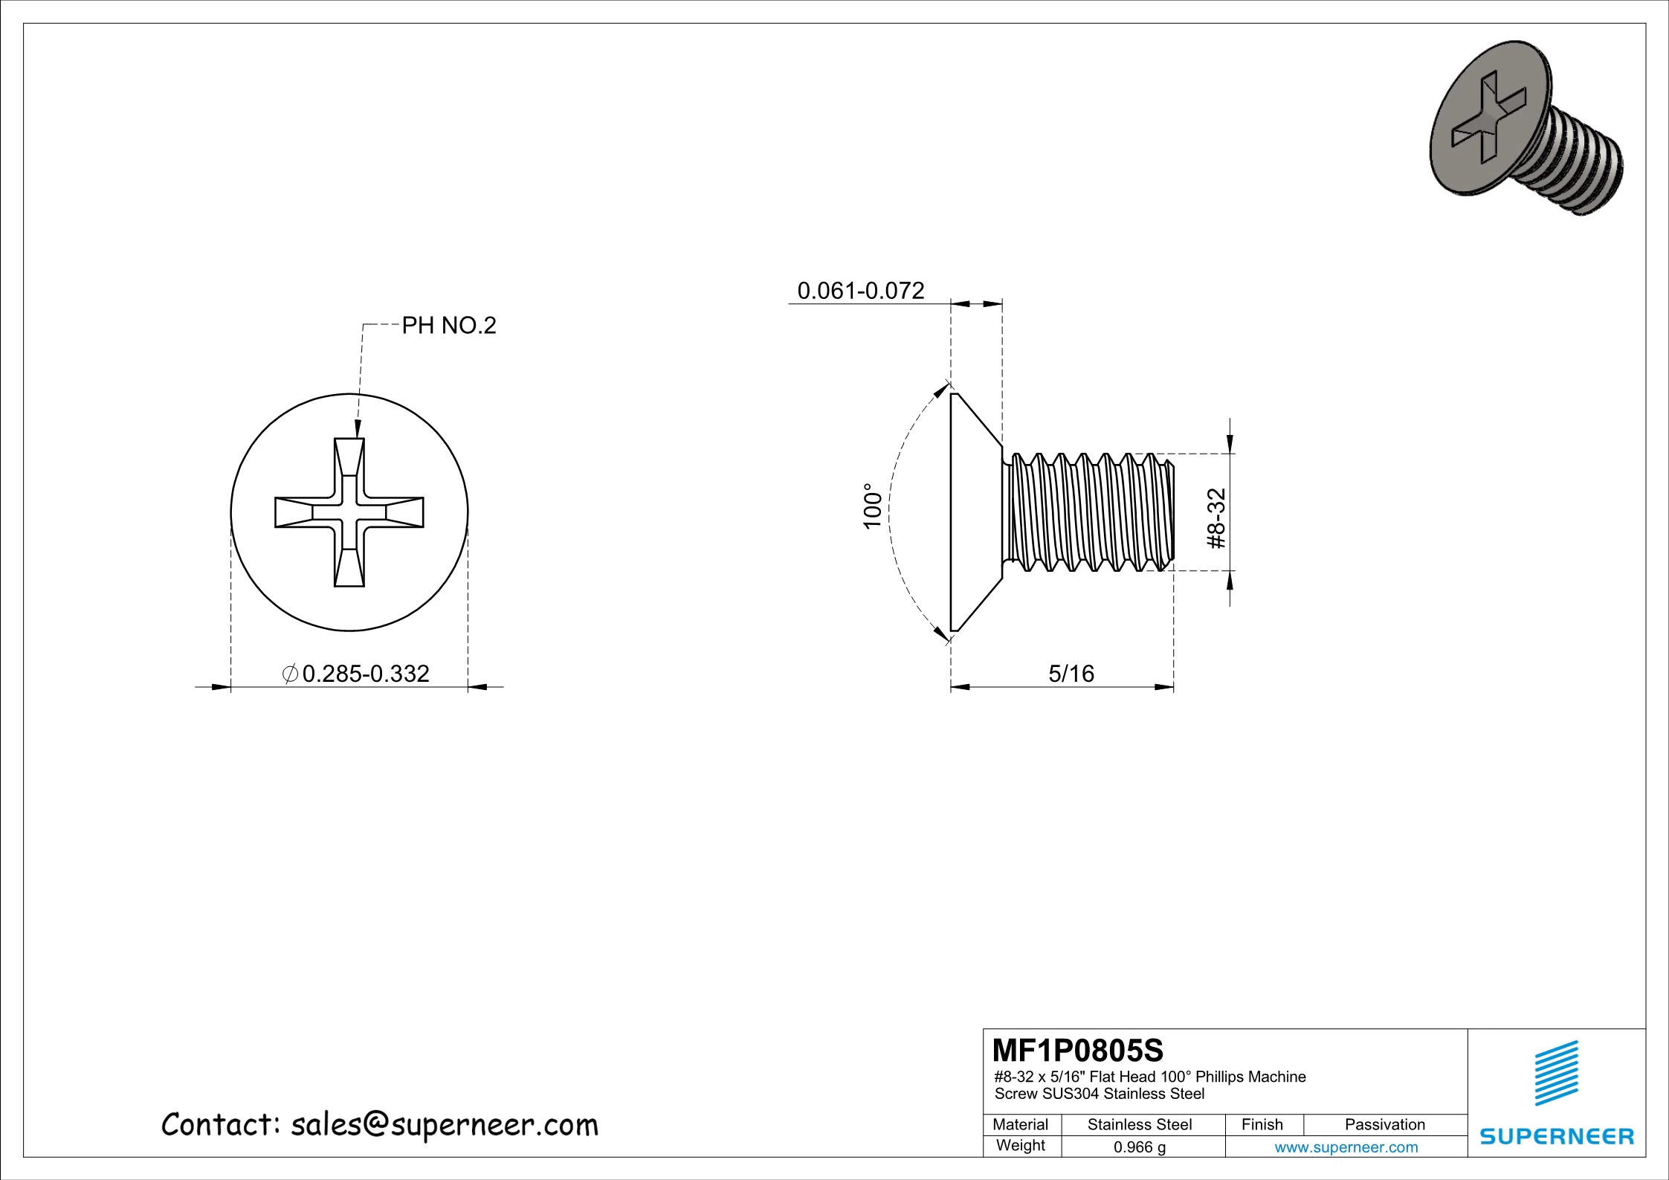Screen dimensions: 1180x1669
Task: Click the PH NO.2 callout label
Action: click(448, 326)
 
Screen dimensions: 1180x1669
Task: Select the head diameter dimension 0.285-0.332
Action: click(365, 674)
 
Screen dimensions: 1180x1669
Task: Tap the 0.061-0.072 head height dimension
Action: click(860, 291)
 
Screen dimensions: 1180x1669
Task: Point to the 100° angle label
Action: click(872, 506)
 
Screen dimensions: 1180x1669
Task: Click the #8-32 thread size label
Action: click(1216, 519)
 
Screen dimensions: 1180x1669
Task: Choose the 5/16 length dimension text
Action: click(1071, 674)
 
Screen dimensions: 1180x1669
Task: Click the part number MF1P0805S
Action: click(1078, 1051)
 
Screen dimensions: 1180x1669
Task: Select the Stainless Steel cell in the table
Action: click(1139, 1125)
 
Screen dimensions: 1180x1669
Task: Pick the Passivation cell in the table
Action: click(1384, 1125)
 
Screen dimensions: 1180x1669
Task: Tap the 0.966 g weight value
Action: click(1139, 1147)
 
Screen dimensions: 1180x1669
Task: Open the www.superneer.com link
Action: click(1346, 1147)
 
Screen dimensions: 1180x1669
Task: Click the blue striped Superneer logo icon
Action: click(1556, 1074)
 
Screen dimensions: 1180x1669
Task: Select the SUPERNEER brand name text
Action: click(1557, 1136)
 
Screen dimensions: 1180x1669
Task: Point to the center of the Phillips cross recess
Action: click(349, 512)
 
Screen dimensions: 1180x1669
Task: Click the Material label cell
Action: click(1020, 1125)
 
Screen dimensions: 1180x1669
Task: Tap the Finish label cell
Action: click(1262, 1125)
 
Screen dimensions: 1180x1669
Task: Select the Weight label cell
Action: click(1020, 1146)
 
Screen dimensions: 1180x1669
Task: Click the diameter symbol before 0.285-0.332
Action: click(291, 674)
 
